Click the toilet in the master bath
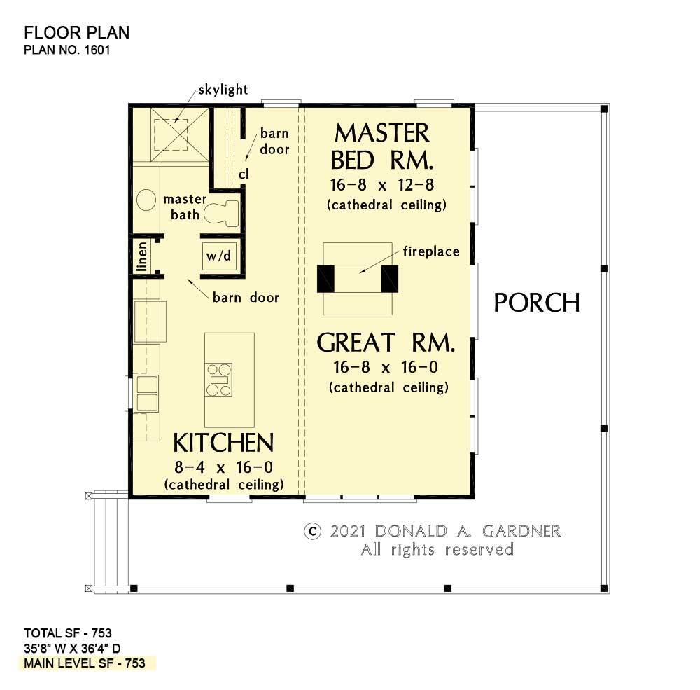(x=221, y=213)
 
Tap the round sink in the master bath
(x=146, y=200)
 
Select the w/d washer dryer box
(x=218, y=256)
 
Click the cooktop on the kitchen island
(x=218, y=380)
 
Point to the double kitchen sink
(x=147, y=393)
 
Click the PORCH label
(x=537, y=303)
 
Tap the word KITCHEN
(x=223, y=443)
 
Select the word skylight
(x=223, y=90)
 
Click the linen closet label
(x=142, y=256)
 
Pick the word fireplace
(x=431, y=251)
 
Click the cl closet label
(x=244, y=174)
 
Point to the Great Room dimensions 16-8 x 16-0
(x=386, y=367)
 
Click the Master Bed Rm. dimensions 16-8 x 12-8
(x=382, y=184)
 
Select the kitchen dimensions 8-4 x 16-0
(x=224, y=467)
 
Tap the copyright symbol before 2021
(x=312, y=532)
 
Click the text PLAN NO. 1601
(x=67, y=50)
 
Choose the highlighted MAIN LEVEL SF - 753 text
(x=85, y=663)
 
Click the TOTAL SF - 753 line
(x=68, y=633)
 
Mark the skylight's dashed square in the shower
(x=171, y=134)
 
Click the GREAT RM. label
(x=386, y=343)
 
